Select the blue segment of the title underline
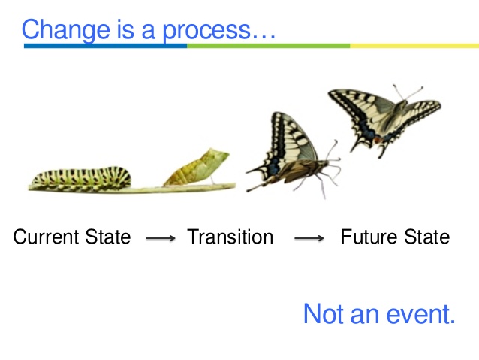(105, 47)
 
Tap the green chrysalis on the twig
(196, 166)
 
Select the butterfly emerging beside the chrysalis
(291, 154)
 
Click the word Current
(47, 237)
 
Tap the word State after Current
(107, 237)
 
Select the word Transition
(230, 237)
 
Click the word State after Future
(426, 237)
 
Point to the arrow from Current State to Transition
(160, 238)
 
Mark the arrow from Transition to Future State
(309, 238)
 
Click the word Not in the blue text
(323, 313)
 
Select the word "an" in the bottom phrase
(364, 315)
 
